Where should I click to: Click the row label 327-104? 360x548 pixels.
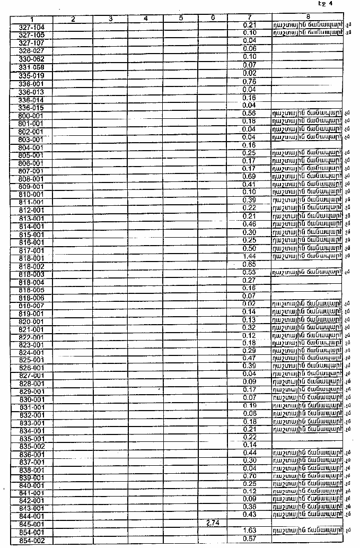pyautogui.click(x=31, y=27)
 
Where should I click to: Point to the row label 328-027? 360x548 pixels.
pyautogui.click(x=31, y=50)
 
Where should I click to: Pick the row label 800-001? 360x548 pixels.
pyautogui.click(x=31, y=115)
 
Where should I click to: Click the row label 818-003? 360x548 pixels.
pyautogui.click(x=31, y=274)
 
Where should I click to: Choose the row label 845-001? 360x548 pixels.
pyautogui.click(x=31, y=524)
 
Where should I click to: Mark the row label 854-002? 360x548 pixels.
pyautogui.click(x=31, y=540)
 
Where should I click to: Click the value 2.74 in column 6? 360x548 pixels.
pyautogui.click(x=212, y=523)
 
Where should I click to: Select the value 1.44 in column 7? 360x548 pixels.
pyautogui.click(x=249, y=256)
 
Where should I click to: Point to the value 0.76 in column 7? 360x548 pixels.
pyautogui.click(x=249, y=82)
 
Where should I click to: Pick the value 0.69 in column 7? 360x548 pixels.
pyautogui.click(x=249, y=176)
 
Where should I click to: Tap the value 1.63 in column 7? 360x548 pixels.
pyautogui.click(x=249, y=530)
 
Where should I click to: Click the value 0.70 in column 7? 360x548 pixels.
pyautogui.click(x=249, y=476)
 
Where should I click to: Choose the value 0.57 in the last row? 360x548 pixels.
pyautogui.click(x=249, y=539)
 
